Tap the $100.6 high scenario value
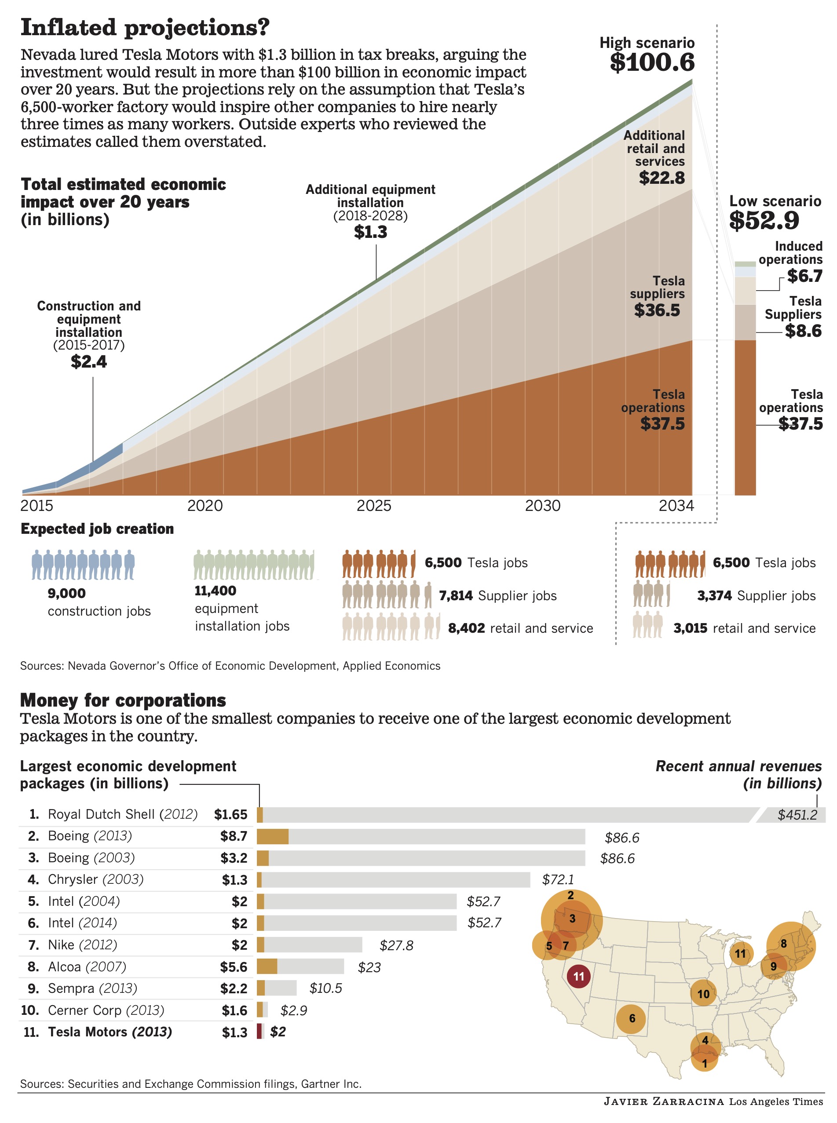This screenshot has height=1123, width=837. [652, 62]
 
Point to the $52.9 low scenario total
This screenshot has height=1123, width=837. [764, 220]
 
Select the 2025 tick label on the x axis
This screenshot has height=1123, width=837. [374, 506]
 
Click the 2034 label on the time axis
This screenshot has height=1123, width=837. [676, 506]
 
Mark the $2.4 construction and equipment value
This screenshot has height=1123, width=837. [89, 362]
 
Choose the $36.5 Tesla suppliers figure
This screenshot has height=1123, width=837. [657, 310]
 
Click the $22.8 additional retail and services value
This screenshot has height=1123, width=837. [662, 178]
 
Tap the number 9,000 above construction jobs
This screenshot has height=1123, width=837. [67, 593]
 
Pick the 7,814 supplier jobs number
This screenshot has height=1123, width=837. [456, 596]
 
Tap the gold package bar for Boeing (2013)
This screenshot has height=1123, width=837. [273, 837]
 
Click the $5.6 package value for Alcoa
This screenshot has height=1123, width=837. [234, 967]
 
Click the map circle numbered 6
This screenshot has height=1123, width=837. [631, 1019]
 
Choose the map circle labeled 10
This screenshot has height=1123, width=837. [703, 994]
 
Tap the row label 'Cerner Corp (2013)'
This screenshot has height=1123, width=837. [106, 1010]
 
